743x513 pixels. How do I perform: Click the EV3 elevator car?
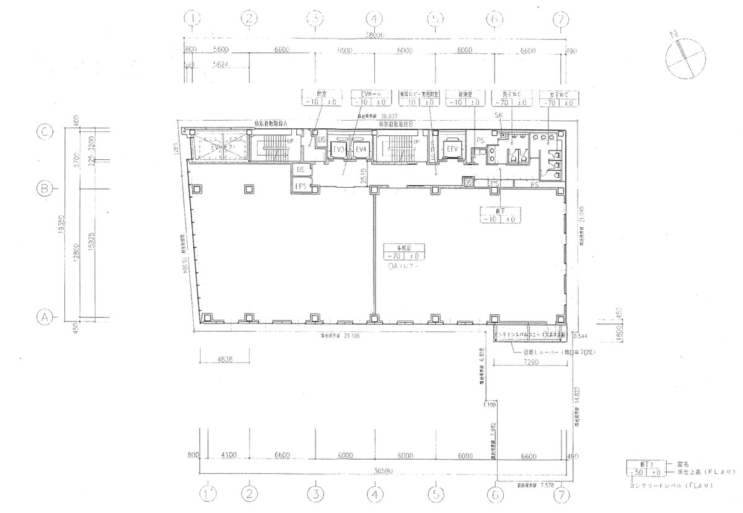[338, 150]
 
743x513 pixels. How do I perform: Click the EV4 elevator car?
[361, 150]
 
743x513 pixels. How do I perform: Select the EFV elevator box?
[452, 150]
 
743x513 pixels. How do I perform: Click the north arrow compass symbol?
[685, 55]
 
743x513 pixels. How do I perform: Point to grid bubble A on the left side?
[44, 317]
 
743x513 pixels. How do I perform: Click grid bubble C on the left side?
[44, 132]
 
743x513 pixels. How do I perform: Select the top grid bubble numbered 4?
[374, 19]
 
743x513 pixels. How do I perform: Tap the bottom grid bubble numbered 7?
[561, 494]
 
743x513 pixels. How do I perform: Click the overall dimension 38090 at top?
[376, 36]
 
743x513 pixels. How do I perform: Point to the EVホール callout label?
[371, 94]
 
